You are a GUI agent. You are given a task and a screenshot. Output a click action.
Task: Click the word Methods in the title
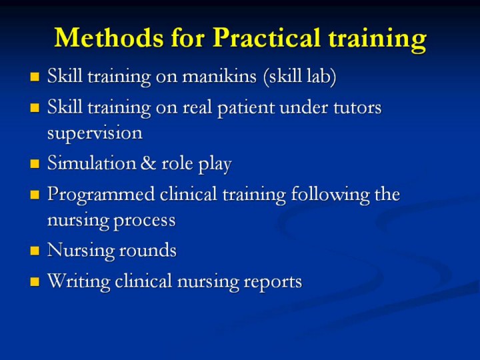tap(109, 37)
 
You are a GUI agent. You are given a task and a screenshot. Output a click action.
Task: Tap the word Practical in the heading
tap(267, 37)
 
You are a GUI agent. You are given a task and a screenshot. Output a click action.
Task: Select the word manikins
tap(219, 75)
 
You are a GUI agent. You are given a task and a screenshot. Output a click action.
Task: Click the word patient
tap(246, 108)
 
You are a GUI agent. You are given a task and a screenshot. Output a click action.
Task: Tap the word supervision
tap(95, 133)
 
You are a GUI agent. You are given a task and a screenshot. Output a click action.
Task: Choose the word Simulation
tap(91, 163)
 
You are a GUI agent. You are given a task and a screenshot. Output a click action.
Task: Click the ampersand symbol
tap(149, 163)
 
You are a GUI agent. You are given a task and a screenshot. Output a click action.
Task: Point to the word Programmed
tap(101, 195)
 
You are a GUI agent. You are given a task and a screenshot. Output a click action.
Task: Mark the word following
tap(330, 195)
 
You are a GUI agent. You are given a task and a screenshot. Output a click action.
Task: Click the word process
tap(145, 221)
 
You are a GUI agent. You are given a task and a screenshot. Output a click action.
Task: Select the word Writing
tap(79, 281)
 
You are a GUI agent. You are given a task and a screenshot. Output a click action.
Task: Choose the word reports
tap(273, 282)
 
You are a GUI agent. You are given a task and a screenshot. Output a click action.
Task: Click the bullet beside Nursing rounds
tap(35, 251)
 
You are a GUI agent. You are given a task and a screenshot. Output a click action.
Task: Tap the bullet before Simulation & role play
tap(35, 164)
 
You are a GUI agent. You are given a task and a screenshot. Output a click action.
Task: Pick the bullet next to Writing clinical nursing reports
tap(35, 281)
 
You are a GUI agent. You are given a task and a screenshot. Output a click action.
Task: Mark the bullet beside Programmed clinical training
tap(35, 195)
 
